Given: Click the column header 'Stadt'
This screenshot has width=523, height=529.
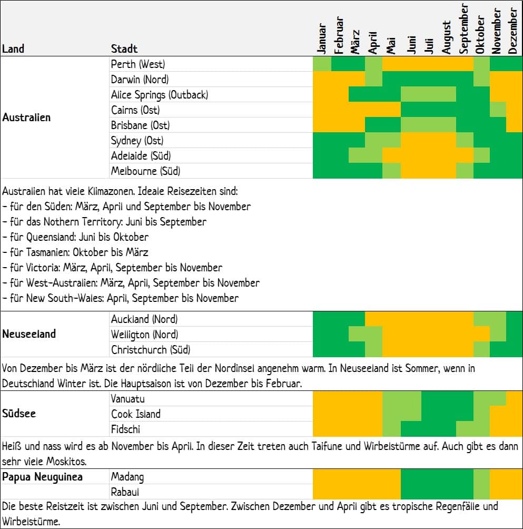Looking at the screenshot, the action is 124,49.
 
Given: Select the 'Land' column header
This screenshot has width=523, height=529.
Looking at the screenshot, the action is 13,49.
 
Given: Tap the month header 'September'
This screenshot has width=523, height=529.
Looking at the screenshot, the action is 463,28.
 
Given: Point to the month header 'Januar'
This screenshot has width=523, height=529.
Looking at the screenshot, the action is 322,38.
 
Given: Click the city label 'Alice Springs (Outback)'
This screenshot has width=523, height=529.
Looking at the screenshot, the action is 160,95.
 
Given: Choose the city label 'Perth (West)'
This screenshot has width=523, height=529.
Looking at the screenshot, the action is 138,64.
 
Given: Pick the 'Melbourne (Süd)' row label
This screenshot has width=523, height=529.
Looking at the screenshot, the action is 146,171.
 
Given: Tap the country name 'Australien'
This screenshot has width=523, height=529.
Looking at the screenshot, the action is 26,117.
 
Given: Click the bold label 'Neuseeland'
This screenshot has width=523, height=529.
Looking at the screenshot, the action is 29,334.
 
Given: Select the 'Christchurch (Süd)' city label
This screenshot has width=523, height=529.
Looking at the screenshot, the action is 151,349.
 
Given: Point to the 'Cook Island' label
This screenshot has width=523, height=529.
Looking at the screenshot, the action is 135,414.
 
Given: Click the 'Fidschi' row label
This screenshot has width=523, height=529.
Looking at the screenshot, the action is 125,429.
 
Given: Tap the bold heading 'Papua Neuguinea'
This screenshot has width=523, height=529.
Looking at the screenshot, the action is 42,477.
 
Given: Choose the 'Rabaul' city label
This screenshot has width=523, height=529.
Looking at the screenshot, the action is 125,492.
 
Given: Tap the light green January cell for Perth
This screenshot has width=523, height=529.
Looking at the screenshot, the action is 322,64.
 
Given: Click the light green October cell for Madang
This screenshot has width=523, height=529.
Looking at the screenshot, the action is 481,484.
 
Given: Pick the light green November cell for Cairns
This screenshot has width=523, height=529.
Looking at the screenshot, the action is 498,110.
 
